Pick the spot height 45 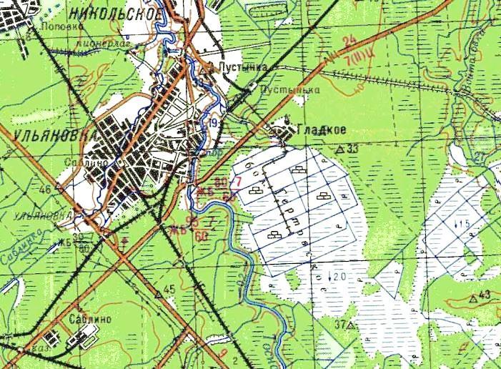click(x=169, y=289)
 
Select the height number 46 click(x=46, y=189)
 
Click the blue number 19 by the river click(x=214, y=124)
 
